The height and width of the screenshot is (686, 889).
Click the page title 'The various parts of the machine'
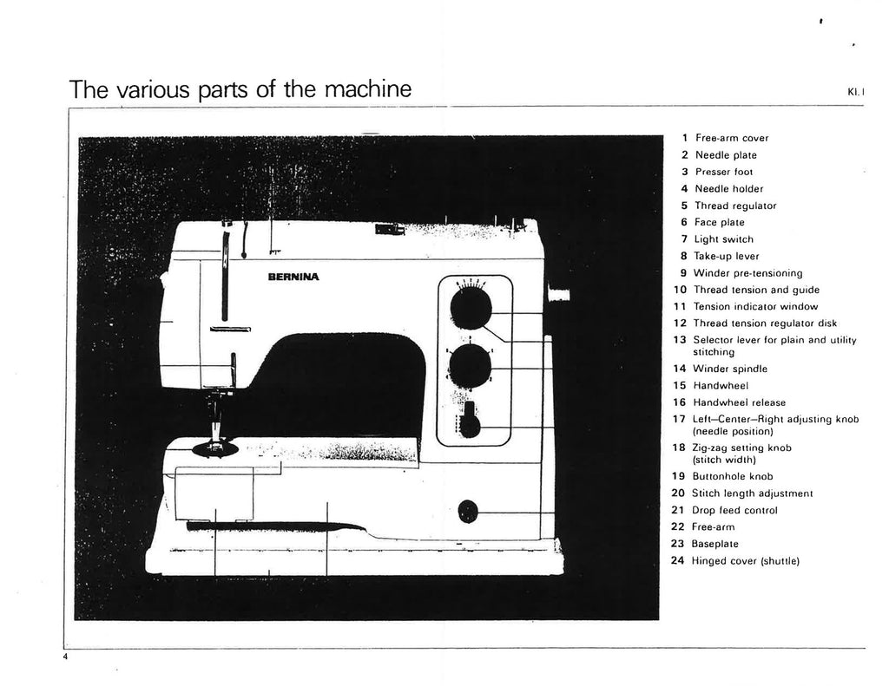click(240, 89)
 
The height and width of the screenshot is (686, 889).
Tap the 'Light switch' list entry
click(723, 239)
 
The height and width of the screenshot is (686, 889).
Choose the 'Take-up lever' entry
click(727, 256)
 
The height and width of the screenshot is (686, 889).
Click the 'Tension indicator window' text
click(754, 306)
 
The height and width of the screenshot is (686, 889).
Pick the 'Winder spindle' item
click(730, 369)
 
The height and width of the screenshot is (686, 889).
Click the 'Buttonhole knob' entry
click(733, 476)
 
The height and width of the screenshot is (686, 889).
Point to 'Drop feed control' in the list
click(734, 510)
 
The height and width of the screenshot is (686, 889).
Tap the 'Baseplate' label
click(715, 544)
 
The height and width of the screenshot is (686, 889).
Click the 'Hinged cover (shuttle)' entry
click(744, 560)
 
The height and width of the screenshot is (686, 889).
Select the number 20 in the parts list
click(679, 493)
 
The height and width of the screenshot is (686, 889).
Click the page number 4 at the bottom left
click(65, 657)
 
